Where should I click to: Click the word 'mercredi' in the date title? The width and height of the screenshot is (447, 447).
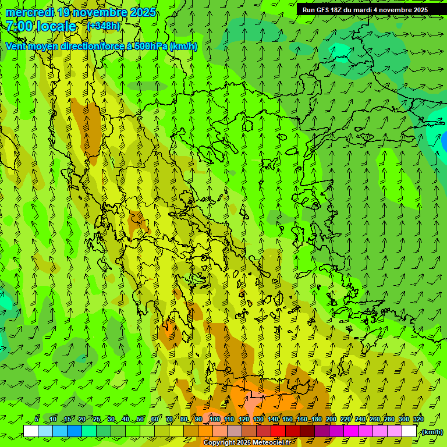coord(29,12)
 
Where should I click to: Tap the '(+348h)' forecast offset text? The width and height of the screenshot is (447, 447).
coord(104,26)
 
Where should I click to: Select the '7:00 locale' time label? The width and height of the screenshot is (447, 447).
coord(41,26)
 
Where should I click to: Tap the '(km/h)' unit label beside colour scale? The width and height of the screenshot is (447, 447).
coord(432,432)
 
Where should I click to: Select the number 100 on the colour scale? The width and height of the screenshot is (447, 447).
coord(214,420)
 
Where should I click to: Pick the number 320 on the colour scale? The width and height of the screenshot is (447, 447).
coord(418,420)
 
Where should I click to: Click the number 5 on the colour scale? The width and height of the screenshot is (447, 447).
coord(37,420)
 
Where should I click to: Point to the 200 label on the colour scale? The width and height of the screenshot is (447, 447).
coord(331,420)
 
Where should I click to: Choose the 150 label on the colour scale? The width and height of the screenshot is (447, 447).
coord(288,420)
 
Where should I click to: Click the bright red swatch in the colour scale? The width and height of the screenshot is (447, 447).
coord(278,431)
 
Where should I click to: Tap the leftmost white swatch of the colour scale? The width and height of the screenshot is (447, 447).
coord(31,431)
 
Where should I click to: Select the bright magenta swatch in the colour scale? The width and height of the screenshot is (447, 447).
coord(351,431)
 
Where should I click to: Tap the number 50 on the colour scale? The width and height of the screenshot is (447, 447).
coord(140,420)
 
